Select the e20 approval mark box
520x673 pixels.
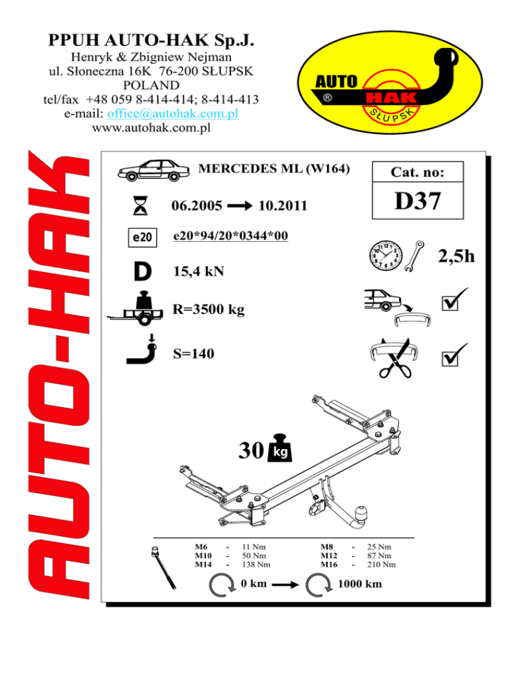pyautogui.click(x=142, y=237)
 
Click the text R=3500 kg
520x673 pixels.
pyautogui.click(x=209, y=310)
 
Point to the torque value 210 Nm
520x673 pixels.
pyautogui.click(x=381, y=564)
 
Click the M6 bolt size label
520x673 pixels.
pyautogui.click(x=200, y=546)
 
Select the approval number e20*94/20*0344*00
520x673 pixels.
pyautogui.click(x=231, y=235)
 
